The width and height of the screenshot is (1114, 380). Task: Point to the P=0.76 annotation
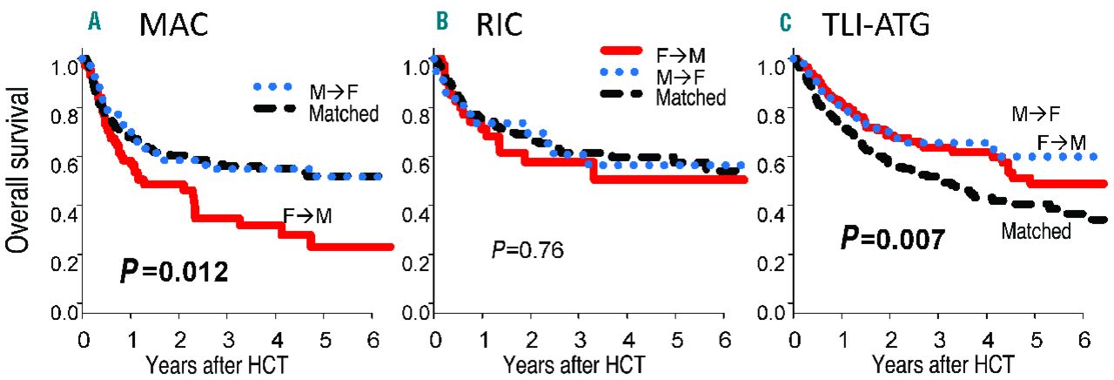pos(528,251)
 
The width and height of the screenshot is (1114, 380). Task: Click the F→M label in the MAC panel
pos(307,215)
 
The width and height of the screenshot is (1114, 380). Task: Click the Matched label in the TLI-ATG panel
pos(1036,232)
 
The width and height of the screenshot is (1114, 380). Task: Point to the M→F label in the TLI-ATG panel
pos(1036,113)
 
